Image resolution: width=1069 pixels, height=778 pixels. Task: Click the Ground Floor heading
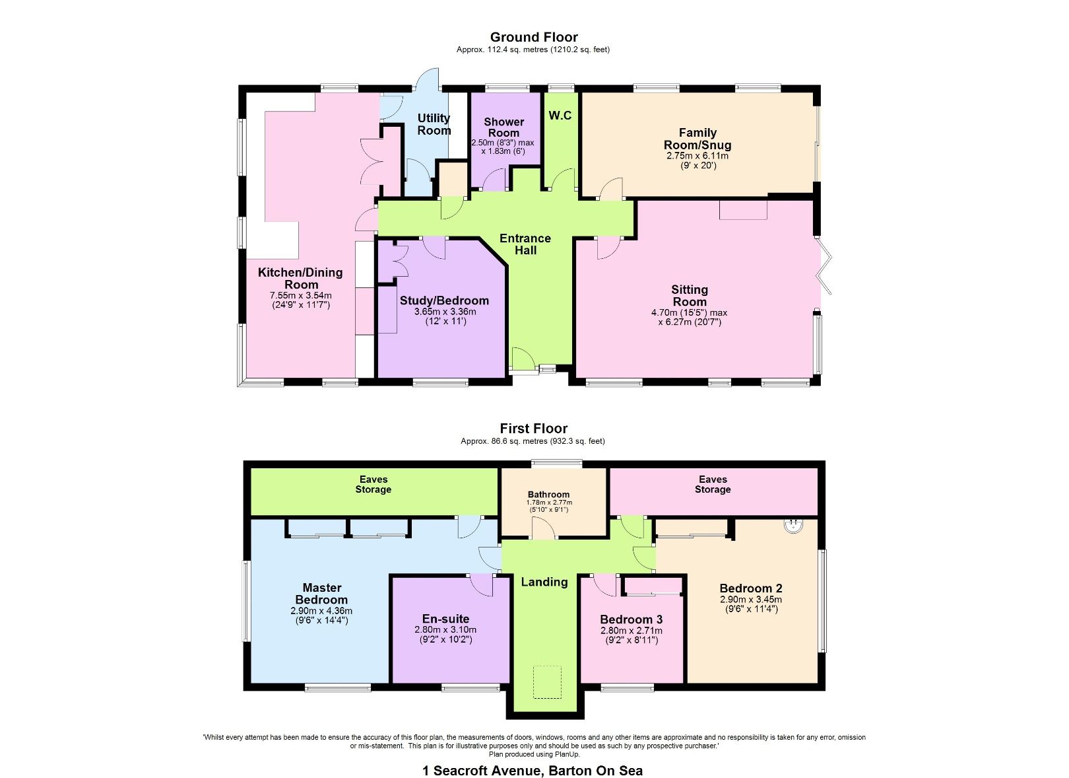(533, 38)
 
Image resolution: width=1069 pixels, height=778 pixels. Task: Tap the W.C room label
(560, 116)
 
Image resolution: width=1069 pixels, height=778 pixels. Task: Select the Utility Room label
(434, 124)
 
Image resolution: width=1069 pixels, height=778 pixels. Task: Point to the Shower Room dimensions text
(502, 147)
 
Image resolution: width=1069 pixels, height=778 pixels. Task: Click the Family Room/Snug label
(697, 139)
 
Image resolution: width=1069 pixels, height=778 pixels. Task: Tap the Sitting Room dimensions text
(689, 318)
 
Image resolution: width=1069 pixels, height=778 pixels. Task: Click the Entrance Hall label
(525, 244)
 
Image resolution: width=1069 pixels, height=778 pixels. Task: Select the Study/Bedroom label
(444, 301)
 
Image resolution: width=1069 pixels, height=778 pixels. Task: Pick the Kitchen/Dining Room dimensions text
(300, 300)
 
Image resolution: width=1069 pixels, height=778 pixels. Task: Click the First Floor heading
(533, 429)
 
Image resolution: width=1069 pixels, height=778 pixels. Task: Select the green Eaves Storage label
(373, 484)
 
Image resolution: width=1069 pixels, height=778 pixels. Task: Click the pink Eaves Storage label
(712, 484)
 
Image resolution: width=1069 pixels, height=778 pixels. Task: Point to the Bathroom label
(548, 494)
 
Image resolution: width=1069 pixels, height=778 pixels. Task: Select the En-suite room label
(446, 619)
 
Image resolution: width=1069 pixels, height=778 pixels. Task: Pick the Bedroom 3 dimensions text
(631, 635)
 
